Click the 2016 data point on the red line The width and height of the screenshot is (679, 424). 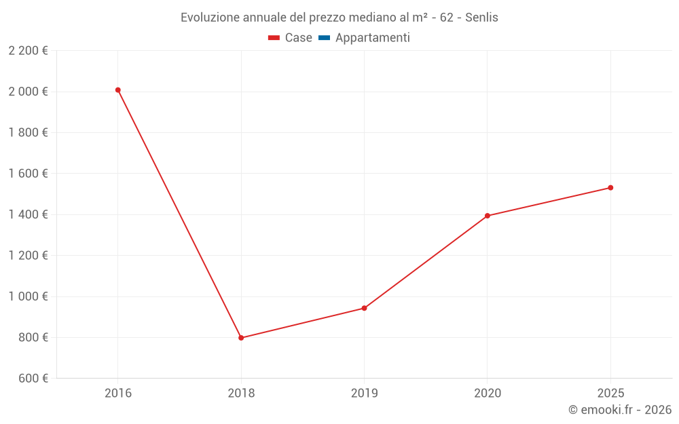click(118, 90)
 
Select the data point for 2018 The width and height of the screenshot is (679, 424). click(241, 338)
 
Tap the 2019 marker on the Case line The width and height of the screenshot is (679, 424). click(365, 308)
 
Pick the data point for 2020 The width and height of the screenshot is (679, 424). click(488, 216)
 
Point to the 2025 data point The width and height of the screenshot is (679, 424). click(610, 188)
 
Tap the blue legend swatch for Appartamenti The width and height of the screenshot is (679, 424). click(324, 38)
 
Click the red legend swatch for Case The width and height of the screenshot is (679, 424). click(274, 38)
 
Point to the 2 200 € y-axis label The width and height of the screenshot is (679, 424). click(28, 51)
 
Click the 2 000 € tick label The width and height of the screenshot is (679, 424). click(28, 92)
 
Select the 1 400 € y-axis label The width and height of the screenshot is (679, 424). click(28, 214)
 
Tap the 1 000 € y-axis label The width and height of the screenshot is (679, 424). click(28, 296)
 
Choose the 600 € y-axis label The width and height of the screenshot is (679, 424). click(32, 379)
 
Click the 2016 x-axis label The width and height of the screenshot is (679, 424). click(118, 393)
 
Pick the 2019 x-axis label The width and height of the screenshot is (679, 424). click(365, 393)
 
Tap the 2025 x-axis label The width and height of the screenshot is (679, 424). click(610, 393)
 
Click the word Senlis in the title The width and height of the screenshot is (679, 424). click(481, 18)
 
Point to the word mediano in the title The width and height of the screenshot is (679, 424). click(358, 18)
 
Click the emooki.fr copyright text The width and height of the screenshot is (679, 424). click(620, 410)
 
